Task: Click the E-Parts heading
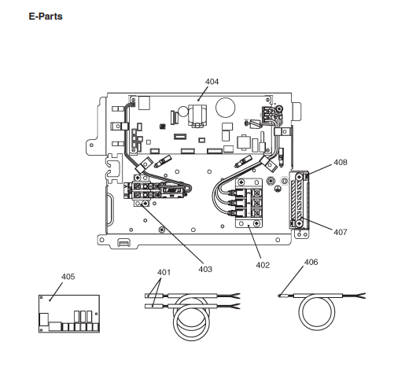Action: [x=46, y=17]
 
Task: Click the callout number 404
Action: [x=212, y=82]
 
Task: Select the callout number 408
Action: [x=341, y=163]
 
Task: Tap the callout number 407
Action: [x=341, y=232]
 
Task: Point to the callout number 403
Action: [x=205, y=269]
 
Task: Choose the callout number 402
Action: [x=263, y=265]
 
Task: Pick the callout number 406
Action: [x=311, y=262]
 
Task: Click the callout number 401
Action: [x=164, y=272]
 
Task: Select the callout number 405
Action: [x=68, y=277]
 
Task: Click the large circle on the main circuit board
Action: [x=225, y=108]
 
